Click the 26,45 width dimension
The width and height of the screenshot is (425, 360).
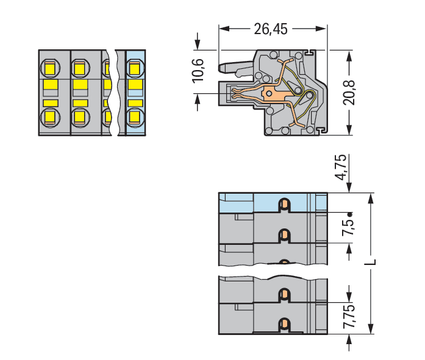coord(271,29)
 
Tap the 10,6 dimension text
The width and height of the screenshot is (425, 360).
coord(198,71)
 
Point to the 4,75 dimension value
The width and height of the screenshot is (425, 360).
coord(341,167)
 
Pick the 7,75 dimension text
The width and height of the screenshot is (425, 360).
coord(349,316)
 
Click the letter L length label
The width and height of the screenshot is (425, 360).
coord(373,262)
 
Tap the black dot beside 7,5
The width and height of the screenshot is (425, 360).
coord(350,214)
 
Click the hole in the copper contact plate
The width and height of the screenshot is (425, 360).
coord(269,94)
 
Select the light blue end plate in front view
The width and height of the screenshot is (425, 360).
coord(136,93)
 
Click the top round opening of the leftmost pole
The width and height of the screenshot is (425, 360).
coord(51,68)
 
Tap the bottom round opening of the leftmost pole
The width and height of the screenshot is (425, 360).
coord(51,117)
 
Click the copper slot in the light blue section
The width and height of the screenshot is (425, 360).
coord(284,205)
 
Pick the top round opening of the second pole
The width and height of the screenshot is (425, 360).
coord(80,68)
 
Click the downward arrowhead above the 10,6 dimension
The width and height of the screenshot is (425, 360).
coord(198,44)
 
